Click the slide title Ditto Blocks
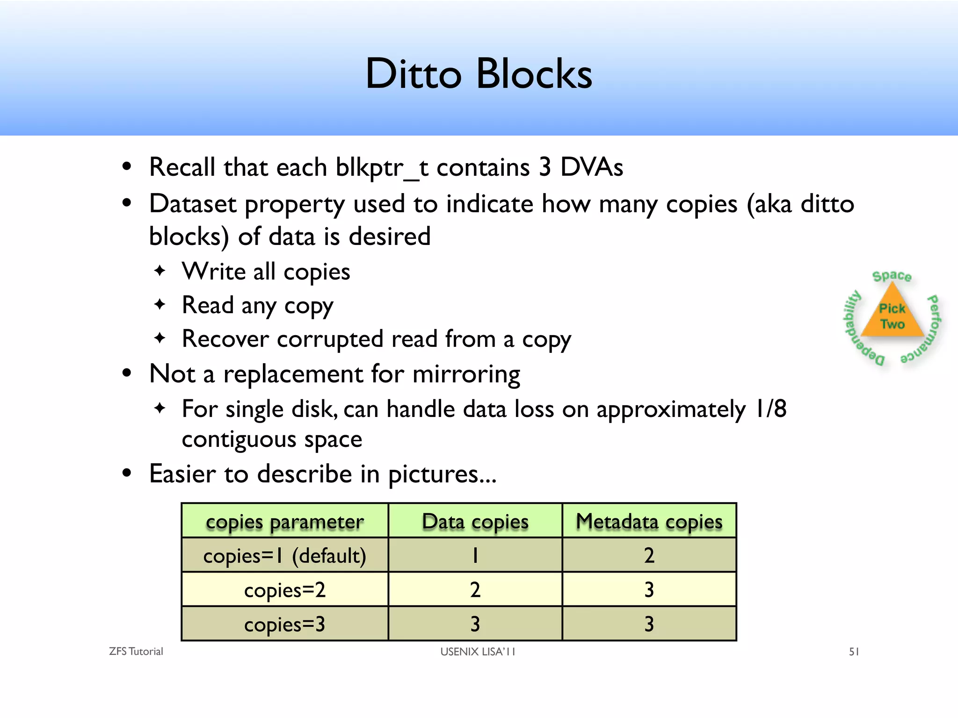479,73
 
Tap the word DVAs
591,167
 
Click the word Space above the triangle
892,276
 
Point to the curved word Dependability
858,328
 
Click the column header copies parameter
284,521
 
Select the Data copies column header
475,521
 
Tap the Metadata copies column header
649,521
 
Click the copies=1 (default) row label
284,556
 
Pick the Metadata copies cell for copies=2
649,590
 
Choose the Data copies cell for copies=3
475,624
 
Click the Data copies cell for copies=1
475,556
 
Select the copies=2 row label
284,590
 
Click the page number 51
854,652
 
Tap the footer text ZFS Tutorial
136,652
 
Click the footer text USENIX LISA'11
477,652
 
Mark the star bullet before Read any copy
160,304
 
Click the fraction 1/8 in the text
770,409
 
